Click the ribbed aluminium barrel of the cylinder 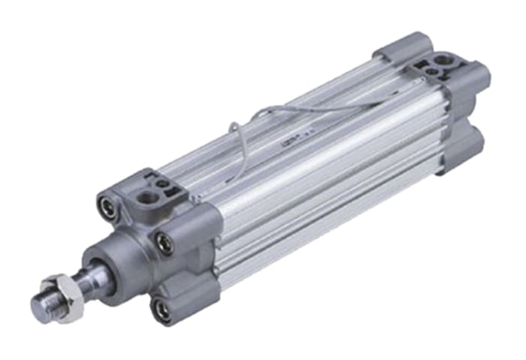[x=316, y=180]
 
